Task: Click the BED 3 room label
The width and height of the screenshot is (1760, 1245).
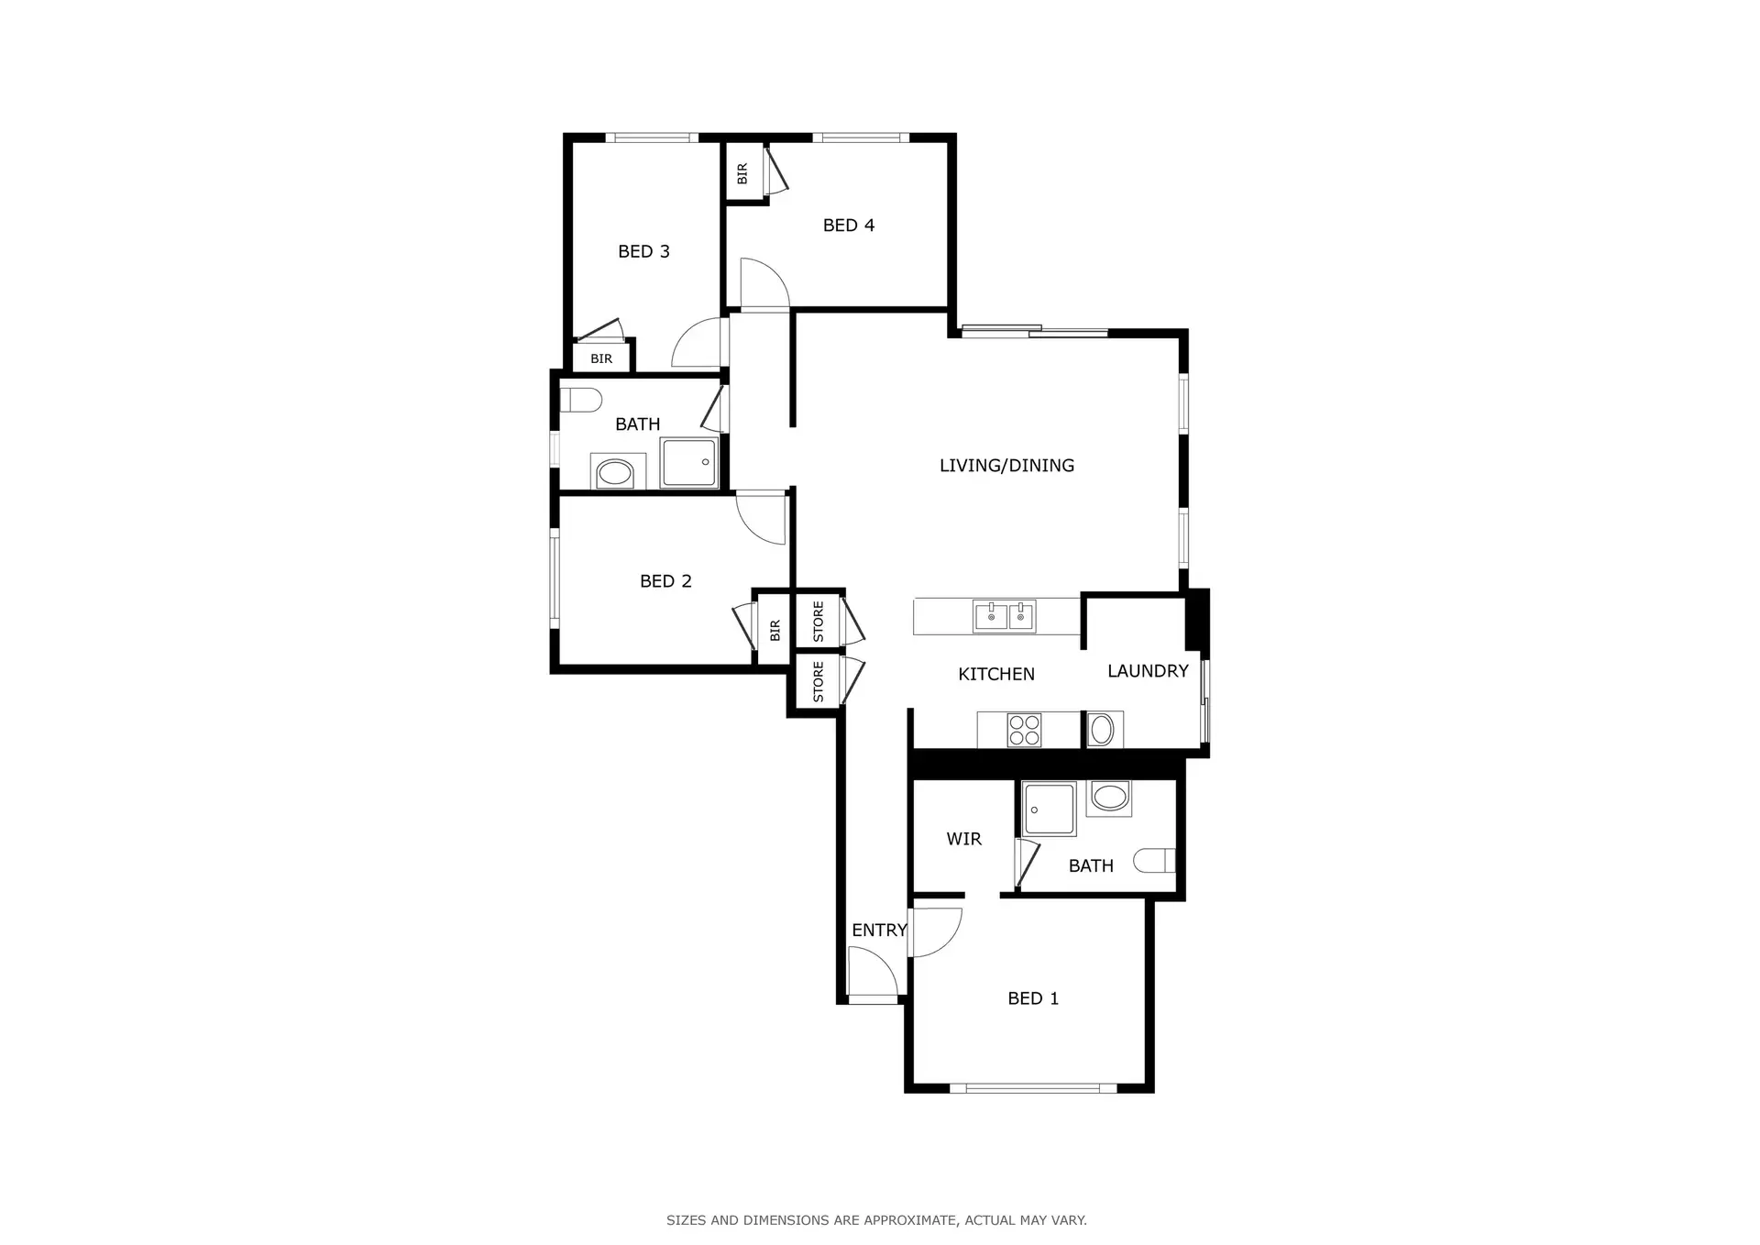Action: [643, 251]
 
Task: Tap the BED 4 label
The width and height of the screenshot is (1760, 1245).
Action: [848, 225]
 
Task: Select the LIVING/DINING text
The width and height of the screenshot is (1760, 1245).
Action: [1006, 466]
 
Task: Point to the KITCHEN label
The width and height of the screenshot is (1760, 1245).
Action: [995, 674]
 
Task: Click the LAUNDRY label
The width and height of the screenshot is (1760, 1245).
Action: [1147, 671]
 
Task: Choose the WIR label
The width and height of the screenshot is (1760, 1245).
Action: [963, 839]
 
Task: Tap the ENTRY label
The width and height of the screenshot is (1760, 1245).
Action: [878, 930]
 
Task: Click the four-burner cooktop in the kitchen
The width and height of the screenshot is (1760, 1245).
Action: [1024, 730]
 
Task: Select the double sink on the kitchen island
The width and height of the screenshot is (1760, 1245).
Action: [1005, 616]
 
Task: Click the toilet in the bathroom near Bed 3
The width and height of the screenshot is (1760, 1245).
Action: [580, 400]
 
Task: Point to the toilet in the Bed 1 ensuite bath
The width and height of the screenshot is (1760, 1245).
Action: [1155, 860]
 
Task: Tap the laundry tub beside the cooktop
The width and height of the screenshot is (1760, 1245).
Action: [1101, 730]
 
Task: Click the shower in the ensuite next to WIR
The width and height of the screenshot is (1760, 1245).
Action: [1049, 809]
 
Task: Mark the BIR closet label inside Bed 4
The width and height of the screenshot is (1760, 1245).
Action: [742, 172]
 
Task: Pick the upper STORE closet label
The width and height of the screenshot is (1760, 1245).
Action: [818, 622]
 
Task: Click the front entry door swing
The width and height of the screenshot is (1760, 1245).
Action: [871, 974]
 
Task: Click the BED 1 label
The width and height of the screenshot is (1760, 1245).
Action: [1032, 998]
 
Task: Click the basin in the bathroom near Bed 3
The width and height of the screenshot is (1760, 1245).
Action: [613, 474]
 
